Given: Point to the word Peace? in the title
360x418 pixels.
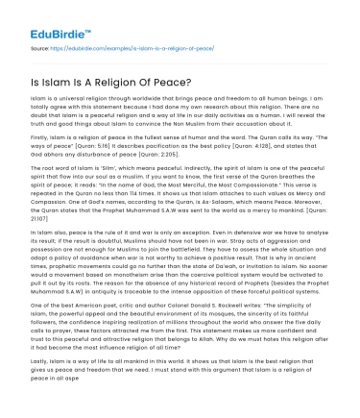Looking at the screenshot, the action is tap(160, 80).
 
